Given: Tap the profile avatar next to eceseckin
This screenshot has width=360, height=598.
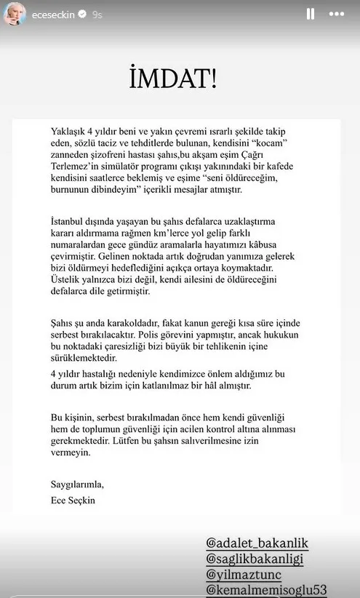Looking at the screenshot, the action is (15, 13).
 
